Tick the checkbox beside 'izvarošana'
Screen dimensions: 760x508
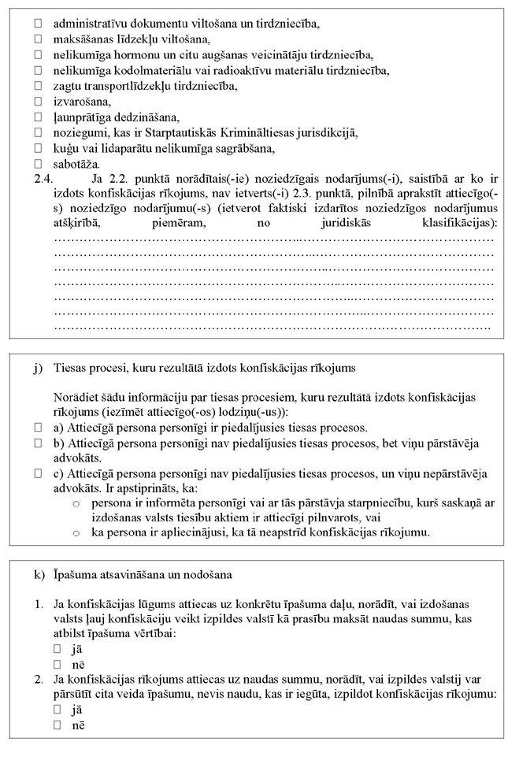[x=37, y=102]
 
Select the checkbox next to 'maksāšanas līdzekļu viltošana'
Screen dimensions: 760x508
[x=37, y=39]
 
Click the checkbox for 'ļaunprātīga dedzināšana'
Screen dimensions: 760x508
[x=37, y=117]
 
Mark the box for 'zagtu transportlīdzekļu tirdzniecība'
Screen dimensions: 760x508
[x=37, y=86]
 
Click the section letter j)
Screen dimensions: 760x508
[x=38, y=368]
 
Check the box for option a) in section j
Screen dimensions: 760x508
[x=37, y=428]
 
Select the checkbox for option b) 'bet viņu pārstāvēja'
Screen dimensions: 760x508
[x=37, y=443]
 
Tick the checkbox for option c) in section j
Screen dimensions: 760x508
[x=37, y=473]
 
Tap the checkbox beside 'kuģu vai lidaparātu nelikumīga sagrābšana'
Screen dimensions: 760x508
[x=37, y=148]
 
